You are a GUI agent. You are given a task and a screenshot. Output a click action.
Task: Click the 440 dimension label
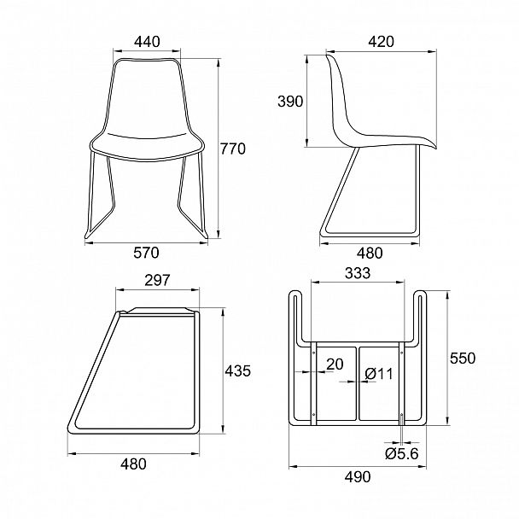point(147,42)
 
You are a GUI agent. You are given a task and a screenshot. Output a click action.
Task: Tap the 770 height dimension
point(233,149)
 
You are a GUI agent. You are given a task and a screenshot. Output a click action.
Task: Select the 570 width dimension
point(146,253)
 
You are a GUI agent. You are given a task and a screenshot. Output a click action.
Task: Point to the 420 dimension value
point(382,42)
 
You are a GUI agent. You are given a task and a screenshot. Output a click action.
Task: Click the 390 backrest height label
point(290,102)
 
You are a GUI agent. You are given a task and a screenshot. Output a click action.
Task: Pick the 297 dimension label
point(157,280)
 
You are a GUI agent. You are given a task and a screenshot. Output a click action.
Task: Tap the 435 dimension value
point(238,371)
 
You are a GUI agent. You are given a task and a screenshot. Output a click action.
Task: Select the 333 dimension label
point(358,273)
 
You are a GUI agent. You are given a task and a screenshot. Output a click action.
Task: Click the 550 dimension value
point(463,359)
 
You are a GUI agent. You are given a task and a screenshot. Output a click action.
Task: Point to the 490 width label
point(358,477)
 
